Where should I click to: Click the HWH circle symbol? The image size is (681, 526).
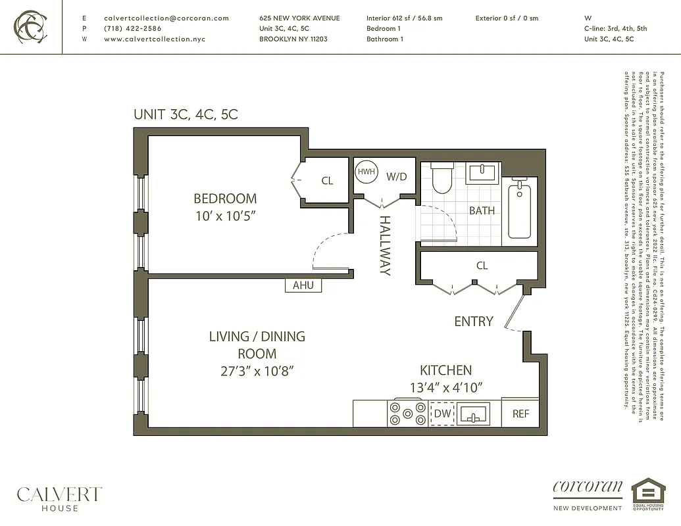366,172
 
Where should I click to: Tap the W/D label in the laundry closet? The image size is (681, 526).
396,176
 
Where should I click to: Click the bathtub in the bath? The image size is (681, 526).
520,211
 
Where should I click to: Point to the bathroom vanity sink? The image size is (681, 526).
483,174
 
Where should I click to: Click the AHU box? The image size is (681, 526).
303,285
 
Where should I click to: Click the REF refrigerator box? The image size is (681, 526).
520,414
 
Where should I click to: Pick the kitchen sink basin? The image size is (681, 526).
473,415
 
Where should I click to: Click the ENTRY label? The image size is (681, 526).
473,321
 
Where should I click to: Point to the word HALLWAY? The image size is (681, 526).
385,245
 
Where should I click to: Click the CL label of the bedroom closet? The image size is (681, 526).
327,181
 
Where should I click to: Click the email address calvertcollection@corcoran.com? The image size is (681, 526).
166,18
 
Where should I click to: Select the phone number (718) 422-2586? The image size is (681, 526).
132,29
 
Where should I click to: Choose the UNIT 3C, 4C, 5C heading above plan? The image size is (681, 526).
186,114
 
